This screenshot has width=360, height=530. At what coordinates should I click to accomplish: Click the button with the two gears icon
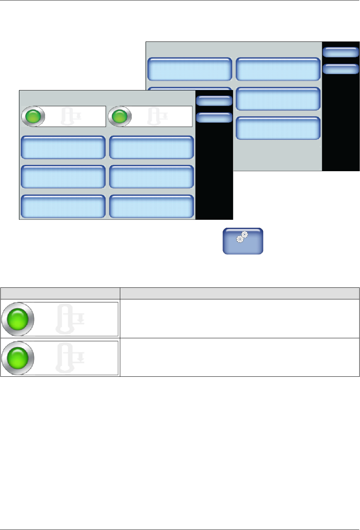pyautogui.click(x=243, y=241)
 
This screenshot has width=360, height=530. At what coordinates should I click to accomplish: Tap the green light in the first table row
pyautogui.click(x=18, y=319)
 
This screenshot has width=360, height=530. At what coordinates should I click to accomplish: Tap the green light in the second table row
pyautogui.click(x=18, y=358)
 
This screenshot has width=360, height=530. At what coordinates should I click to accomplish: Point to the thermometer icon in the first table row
pyautogui.click(x=70, y=319)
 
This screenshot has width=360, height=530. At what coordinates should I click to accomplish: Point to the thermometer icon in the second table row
pyautogui.click(x=70, y=358)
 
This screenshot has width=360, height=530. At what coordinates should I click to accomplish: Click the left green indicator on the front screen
pyautogui.click(x=33, y=116)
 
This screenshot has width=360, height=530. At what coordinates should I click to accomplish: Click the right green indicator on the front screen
pyautogui.click(x=120, y=116)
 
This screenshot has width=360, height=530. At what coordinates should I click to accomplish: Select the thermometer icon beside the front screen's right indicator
pyautogui.click(x=157, y=116)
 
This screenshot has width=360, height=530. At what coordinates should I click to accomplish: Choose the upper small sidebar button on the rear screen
pyautogui.click(x=340, y=52)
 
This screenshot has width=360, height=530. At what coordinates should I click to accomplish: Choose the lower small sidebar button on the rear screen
pyautogui.click(x=340, y=69)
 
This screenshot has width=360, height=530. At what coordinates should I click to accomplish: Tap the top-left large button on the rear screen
pyautogui.click(x=190, y=69)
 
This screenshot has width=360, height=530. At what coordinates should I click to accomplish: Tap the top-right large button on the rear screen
pyautogui.click(x=278, y=69)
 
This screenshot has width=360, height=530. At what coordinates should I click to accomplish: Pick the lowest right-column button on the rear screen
pyautogui.click(x=278, y=128)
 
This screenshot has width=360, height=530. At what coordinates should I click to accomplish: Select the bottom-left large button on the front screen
pyautogui.click(x=63, y=206)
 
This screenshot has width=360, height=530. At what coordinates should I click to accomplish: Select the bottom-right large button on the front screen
pyautogui.click(x=151, y=206)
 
